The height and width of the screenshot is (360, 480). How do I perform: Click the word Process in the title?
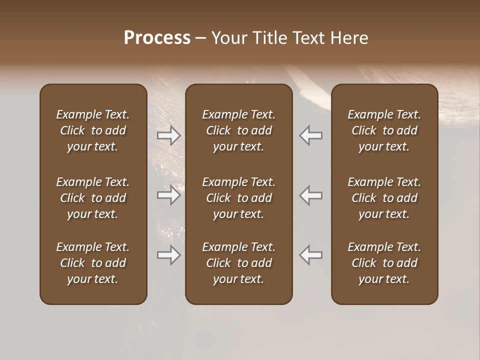157,38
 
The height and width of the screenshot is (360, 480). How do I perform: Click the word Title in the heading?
268,38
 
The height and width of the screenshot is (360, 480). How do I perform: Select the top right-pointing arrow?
169,135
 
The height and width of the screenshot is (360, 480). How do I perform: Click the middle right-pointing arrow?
169,195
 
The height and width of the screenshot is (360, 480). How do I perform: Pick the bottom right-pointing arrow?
169,255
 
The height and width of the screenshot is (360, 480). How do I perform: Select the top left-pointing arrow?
310,135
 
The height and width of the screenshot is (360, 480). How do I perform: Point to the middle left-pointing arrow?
310,195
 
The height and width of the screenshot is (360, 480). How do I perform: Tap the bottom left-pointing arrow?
310,255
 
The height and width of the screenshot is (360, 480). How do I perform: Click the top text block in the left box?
93,130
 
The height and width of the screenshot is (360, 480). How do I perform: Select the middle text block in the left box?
93,198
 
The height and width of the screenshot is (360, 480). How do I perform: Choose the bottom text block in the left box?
93,263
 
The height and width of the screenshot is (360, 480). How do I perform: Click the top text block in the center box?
238,130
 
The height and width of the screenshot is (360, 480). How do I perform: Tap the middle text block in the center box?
238,198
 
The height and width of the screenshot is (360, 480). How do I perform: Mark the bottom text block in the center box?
238,263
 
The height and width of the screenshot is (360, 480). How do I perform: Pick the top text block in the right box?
384,130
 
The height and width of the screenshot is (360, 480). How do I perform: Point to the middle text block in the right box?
384,198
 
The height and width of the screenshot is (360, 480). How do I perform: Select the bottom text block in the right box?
384,263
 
